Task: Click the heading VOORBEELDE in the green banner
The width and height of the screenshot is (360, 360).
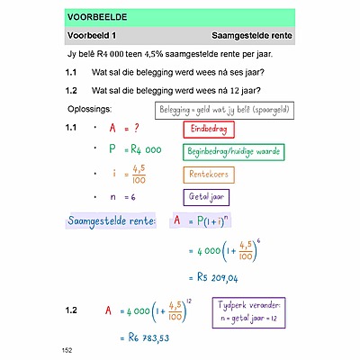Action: (96, 17)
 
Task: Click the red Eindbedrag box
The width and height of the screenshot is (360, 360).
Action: (209, 129)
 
